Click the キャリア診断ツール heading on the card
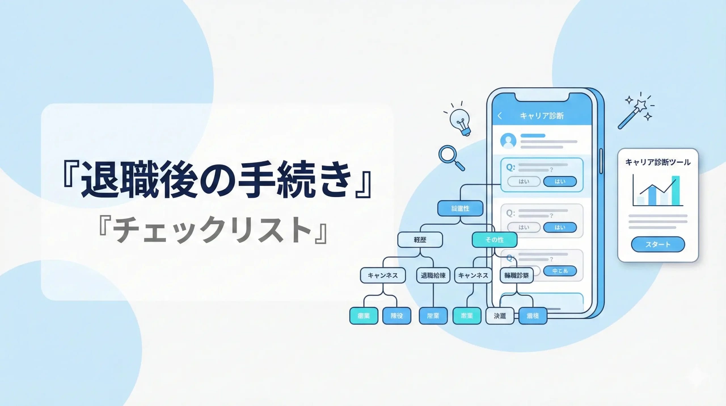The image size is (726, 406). click(x=658, y=162)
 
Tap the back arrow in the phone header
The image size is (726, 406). click(x=500, y=116)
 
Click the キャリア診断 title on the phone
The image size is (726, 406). click(x=542, y=116)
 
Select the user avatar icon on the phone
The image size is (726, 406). click(x=508, y=141)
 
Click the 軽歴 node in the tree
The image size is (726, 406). click(x=420, y=240)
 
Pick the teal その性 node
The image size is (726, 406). click(x=494, y=240)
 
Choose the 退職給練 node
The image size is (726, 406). click(x=433, y=275)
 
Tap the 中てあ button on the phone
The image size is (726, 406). click(x=560, y=271)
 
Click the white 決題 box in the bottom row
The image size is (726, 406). click(x=500, y=316)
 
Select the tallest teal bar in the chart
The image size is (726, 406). click(x=676, y=190)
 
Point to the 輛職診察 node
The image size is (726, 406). click(x=516, y=275)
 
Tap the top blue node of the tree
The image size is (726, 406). click(x=460, y=208)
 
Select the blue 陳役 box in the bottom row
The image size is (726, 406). click(x=396, y=316)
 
